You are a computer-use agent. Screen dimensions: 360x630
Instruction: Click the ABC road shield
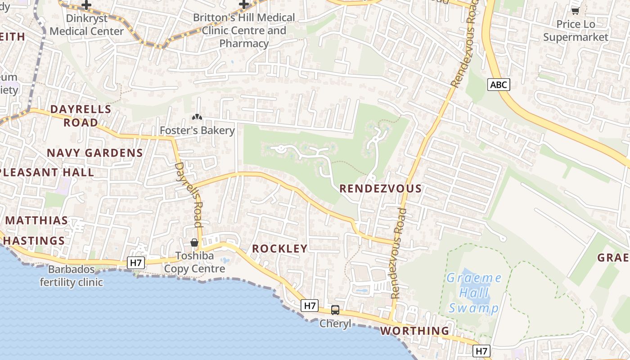(499, 85)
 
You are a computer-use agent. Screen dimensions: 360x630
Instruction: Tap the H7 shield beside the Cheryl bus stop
(310, 306)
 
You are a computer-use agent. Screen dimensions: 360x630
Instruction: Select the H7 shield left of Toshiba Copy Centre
(135, 263)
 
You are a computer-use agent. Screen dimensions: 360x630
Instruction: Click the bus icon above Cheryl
(335, 310)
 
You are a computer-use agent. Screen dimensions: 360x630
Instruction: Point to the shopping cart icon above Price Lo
(575, 11)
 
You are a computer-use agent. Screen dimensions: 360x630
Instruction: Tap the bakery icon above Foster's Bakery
(197, 117)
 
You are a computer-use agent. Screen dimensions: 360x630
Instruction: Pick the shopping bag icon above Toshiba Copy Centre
(194, 243)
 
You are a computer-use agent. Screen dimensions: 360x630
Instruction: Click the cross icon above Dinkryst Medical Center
(86, 5)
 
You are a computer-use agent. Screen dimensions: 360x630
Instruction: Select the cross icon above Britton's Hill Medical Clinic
(244, 4)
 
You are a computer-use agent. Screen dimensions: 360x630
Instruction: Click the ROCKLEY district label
(280, 248)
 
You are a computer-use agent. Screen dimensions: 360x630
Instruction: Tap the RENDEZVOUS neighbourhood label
(381, 189)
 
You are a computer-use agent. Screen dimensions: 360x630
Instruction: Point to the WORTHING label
(414, 331)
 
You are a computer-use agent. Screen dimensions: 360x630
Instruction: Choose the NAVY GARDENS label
(95, 153)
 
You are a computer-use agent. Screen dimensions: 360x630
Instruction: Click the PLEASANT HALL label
(47, 172)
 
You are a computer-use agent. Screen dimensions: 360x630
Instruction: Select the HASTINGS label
(34, 241)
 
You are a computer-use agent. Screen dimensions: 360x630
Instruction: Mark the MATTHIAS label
(37, 220)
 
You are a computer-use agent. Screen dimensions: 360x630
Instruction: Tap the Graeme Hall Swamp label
(474, 293)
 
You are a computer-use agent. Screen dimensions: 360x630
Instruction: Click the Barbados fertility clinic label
(72, 276)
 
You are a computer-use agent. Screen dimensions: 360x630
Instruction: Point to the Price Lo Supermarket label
(576, 31)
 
